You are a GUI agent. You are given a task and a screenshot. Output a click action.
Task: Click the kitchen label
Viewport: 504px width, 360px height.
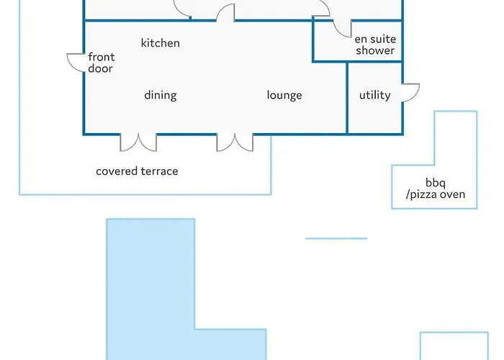point(160,43)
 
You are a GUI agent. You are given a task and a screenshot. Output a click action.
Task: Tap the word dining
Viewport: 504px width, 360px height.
point(161,96)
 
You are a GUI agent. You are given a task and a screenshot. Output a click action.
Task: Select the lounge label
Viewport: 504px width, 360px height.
point(284,96)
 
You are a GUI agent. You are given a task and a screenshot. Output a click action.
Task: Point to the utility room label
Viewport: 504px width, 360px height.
point(375,95)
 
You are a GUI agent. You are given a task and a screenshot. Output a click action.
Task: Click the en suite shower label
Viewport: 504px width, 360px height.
point(375,45)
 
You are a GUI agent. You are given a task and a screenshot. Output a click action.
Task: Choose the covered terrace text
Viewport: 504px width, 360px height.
point(137,171)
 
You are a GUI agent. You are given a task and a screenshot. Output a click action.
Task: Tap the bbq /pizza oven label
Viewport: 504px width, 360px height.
point(435,189)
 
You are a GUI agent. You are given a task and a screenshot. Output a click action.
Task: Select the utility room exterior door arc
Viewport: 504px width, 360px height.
point(415,96)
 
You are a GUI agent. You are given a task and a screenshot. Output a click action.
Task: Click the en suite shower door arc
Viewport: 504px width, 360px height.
point(338,32)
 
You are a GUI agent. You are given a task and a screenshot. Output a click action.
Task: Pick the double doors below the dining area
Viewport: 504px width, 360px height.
point(138,143)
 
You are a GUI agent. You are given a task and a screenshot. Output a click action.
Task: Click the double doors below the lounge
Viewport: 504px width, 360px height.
point(235,143)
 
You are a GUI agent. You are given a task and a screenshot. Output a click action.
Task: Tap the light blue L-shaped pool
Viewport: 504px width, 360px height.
point(150,289)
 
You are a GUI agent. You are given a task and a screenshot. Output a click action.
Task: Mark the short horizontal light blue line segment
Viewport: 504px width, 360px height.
point(336,238)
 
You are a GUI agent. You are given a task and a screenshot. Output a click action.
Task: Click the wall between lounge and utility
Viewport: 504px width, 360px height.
point(347,98)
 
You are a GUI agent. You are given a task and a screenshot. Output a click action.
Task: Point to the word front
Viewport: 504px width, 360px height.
point(102,57)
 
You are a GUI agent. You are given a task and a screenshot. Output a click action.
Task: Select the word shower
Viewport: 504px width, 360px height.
point(375,50)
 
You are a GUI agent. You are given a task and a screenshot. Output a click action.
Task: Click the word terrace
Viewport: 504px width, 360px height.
point(159,171)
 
